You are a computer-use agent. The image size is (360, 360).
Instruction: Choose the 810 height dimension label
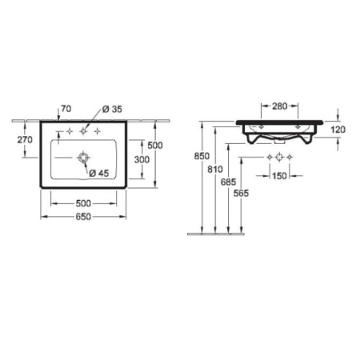[213, 170]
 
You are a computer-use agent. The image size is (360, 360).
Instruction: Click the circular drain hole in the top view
[82, 158]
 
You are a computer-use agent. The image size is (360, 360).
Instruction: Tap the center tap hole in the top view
[82, 130]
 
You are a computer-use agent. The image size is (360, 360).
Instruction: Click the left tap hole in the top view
[69, 130]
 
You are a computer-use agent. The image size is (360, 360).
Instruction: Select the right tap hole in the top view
[96, 130]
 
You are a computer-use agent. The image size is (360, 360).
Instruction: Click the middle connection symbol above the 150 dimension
[281, 157]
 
